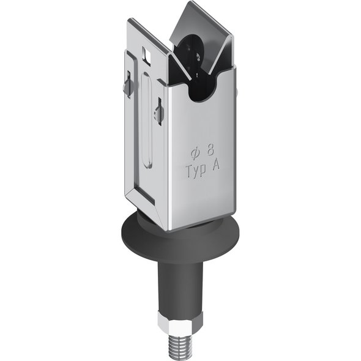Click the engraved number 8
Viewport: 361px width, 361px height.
210,151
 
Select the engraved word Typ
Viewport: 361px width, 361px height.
196,170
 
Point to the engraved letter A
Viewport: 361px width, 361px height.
216,165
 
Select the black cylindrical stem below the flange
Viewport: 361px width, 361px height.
180,287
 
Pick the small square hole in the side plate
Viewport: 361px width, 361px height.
147,55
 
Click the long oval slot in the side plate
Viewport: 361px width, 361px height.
147,120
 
